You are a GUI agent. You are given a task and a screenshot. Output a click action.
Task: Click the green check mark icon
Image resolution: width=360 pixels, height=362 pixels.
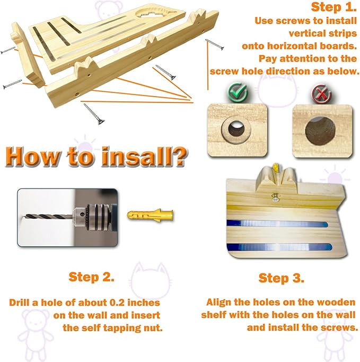[x=238, y=93]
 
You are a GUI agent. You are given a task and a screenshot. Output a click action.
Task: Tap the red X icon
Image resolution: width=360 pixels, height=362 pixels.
[x=322, y=94]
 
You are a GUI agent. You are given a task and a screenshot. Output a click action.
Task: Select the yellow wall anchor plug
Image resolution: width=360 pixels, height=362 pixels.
[x=150, y=216]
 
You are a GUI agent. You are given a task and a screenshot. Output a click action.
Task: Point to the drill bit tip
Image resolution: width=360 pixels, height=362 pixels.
[x=23, y=217]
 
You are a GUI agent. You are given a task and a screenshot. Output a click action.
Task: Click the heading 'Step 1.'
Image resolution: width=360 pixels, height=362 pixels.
[x=333, y=7]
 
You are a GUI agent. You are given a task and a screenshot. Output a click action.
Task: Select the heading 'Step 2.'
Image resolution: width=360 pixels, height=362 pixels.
[x=92, y=277]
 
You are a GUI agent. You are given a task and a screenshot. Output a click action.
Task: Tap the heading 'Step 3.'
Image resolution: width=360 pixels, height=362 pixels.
[x=282, y=278]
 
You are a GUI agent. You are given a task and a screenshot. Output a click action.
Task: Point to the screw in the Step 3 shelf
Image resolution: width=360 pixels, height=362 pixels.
[x=275, y=198]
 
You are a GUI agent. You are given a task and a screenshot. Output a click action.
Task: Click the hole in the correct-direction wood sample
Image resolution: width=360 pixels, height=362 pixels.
[x=236, y=128]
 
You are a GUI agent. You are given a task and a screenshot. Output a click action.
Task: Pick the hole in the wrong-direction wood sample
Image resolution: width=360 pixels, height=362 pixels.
[x=320, y=131]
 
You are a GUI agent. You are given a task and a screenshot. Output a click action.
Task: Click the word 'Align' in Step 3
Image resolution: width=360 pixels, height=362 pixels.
[x=219, y=303]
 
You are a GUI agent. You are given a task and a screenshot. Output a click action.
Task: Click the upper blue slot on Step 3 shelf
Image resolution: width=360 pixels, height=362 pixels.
[x=277, y=223]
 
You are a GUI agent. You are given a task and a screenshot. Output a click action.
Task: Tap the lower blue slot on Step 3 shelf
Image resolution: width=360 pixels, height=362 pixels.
[x=279, y=247]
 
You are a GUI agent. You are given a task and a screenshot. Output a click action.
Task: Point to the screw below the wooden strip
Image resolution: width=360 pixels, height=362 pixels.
[x=94, y=114]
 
